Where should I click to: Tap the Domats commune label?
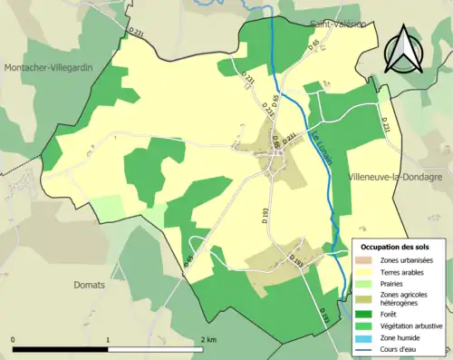[90, 284]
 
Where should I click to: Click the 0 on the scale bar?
[14, 339]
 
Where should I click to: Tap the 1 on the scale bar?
[108, 339]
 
